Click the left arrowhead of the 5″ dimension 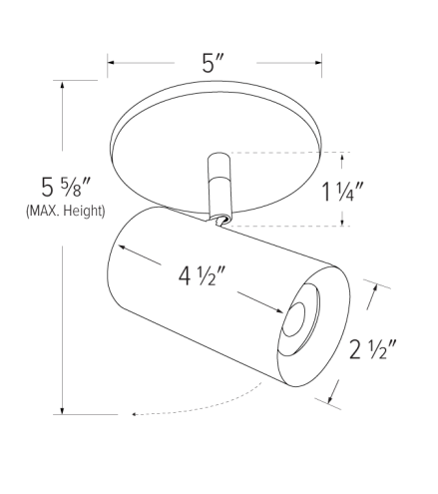pos(113,64)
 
